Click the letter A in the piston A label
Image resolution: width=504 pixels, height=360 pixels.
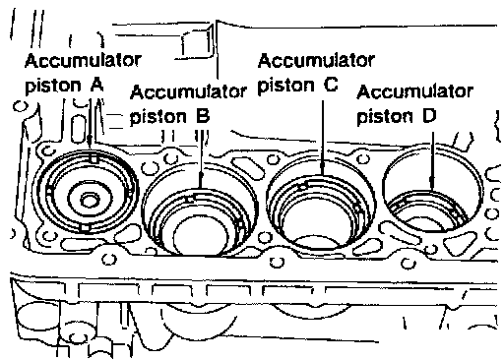pyautogui.click(x=96, y=85)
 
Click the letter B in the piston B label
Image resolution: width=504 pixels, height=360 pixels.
pyautogui.click(x=203, y=116)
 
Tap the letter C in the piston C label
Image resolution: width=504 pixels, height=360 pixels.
pyautogui.click(x=331, y=85)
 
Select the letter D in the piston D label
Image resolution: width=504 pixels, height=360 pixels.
pyautogui.click(x=429, y=116)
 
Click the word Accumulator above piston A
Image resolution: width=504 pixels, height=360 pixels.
pyautogui.click(x=84, y=61)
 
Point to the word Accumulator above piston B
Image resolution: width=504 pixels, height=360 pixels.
pyautogui.click(x=188, y=92)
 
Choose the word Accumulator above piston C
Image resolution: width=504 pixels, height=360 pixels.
pyautogui.click(x=316, y=61)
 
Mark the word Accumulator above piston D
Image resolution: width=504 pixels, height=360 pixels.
pyautogui.click(x=415, y=91)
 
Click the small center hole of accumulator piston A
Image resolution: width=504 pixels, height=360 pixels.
pyautogui.click(x=90, y=200)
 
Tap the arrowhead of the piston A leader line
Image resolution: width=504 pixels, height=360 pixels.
pyautogui.click(x=90, y=145)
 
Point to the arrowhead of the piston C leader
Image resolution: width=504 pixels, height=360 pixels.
pyautogui.click(x=323, y=168)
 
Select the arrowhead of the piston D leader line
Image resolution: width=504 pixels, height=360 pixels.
pyautogui.click(x=432, y=183)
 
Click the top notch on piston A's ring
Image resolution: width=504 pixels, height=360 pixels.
pyautogui.click(x=94, y=158)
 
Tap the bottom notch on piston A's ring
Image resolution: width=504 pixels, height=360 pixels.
pyautogui.click(x=85, y=228)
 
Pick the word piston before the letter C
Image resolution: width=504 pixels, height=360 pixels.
pyautogui.click(x=285, y=86)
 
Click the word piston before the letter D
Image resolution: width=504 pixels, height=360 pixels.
pyautogui.click(x=385, y=117)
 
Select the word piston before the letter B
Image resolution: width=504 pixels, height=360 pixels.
pyautogui.click(x=158, y=117)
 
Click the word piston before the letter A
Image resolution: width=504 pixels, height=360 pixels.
pyautogui.click(x=53, y=86)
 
